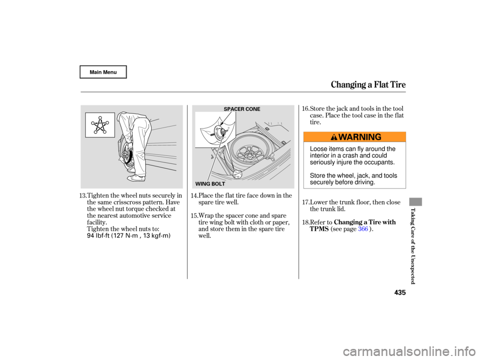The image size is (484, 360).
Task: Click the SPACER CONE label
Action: pyautogui.click(x=242, y=109)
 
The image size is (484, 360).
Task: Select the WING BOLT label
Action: pyautogui.click(x=209, y=184)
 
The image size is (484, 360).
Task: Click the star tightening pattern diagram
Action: pyautogui.click(x=100, y=125)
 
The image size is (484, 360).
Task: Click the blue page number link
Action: pyautogui.click(x=363, y=229)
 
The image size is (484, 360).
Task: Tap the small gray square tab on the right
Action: pyautogui.click(x=415, y=202)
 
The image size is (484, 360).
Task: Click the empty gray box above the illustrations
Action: pyautogui.click(x=103, y=72)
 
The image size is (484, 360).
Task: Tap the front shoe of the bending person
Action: pyautogui.click(x=136, y=178)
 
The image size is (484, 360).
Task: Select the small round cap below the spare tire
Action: pyautogui.click(x=237, y=174)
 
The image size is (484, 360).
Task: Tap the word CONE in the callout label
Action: pyautogui.click(x=253, y=109)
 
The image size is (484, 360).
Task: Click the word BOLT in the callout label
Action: pyautogui.click(x=217, y=184)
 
